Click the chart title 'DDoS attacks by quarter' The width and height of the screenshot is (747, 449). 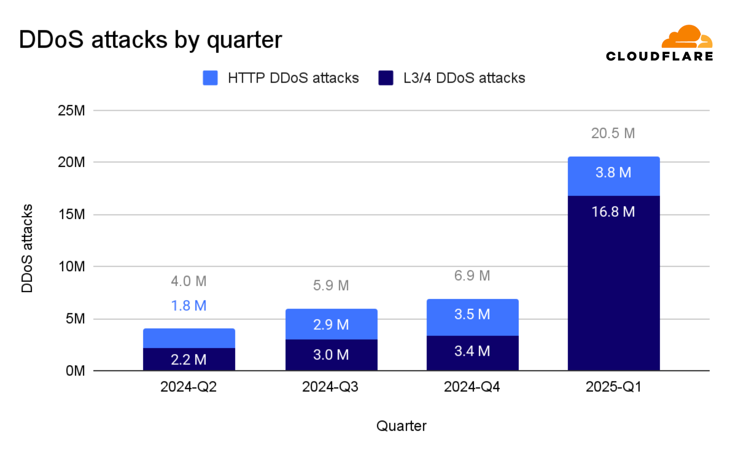pos(150,40)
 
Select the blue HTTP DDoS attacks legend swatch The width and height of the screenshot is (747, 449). pos(210,78)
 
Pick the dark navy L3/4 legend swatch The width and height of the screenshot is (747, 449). pos(386,78)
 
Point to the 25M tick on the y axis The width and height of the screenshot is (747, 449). pos(71,110)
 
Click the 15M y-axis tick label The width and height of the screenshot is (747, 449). pos(71,214)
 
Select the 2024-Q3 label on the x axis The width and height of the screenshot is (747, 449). pos(330,386)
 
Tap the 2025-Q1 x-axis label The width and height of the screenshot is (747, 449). pos(613,386)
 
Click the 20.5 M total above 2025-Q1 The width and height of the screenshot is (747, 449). pos(613,133)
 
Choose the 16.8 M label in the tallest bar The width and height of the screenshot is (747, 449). pos(613,212)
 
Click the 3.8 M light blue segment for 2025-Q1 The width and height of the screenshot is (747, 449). pos(613,176)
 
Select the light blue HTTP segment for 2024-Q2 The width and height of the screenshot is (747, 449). pos(189,338)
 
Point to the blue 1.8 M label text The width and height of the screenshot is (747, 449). pos(189,305)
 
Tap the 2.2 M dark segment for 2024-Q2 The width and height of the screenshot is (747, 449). pos(189,359)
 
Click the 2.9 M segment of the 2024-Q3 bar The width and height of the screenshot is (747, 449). pos(331,324)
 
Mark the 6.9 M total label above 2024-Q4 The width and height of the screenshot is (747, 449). pos(472,276)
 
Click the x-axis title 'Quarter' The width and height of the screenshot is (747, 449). pos(401,426)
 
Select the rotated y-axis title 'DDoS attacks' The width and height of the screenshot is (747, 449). pos(27,248)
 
